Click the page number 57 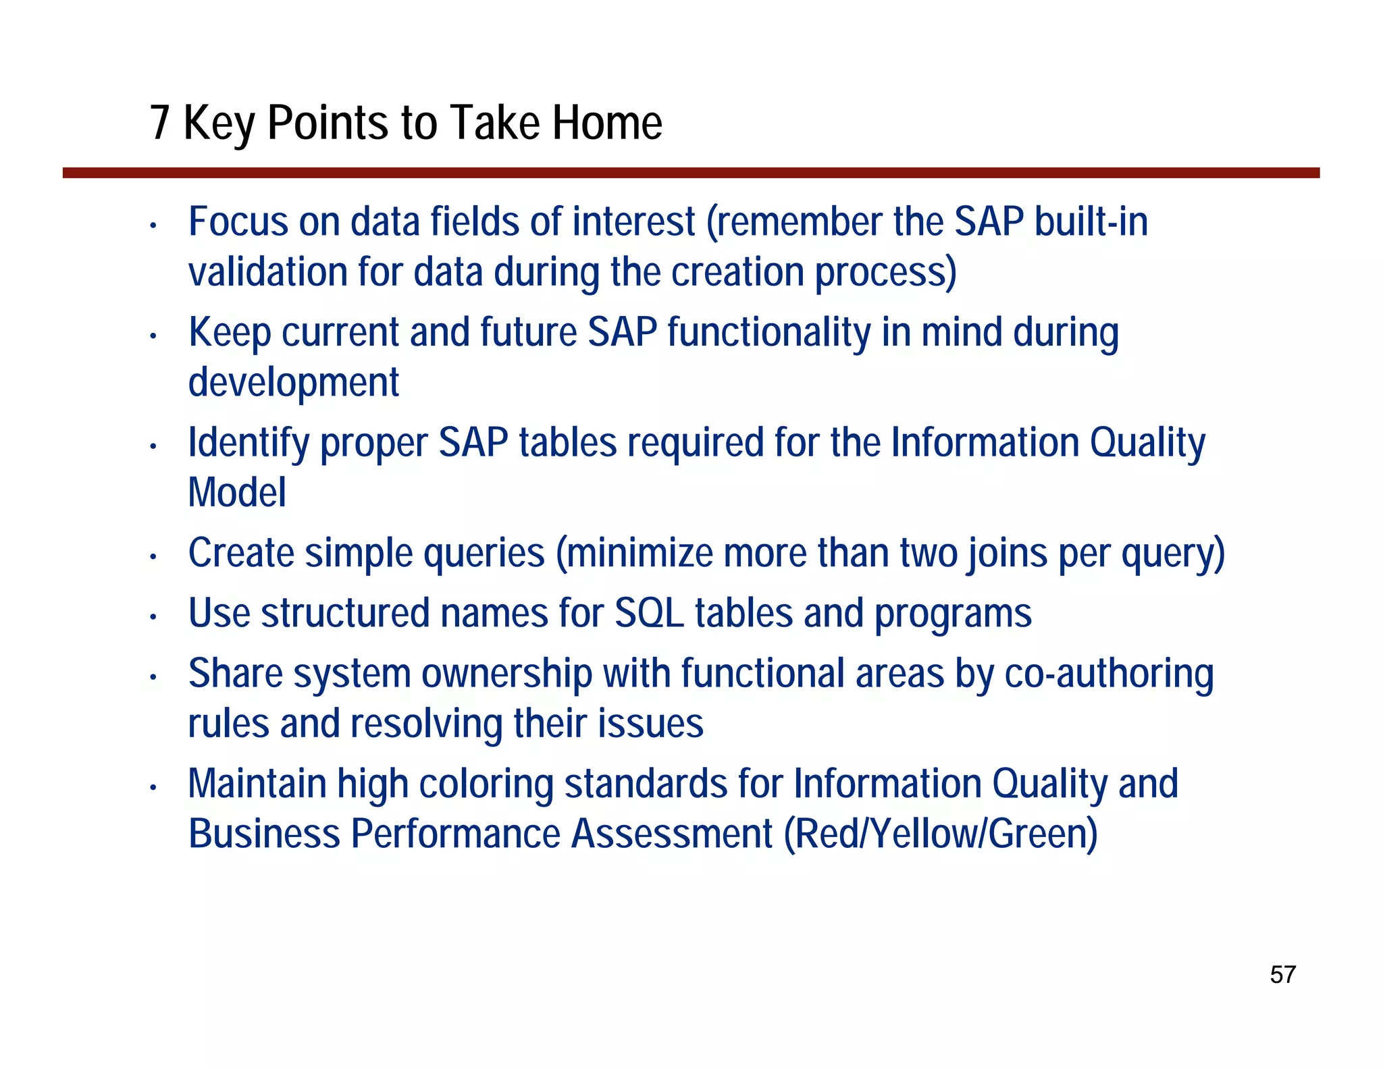[x=1282, y=975]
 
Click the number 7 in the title [x=159, y=123]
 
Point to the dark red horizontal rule [x=691, y=173]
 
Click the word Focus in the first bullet [x=238, y=221]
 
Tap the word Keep [x=229, y=333]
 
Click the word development [x=293, y=383]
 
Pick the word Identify [x=248, y=444]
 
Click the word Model [x=236, y=492]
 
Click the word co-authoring [x=1109, y=674]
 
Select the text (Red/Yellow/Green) [x=941, y=834]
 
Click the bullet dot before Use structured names [x=153, y=617]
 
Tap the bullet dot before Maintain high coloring [x=153, y=787]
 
